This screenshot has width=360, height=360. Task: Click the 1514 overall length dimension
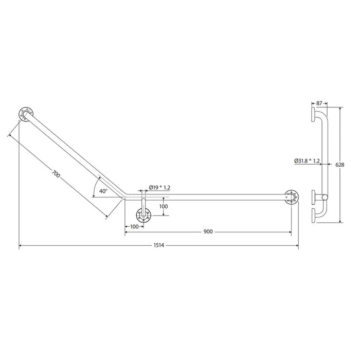(x=158, y=245)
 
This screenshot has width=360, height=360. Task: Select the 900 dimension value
(x=208, y=231)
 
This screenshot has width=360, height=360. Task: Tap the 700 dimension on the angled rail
(x=56, y=174)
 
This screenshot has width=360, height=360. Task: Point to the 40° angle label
(x=103, y=191)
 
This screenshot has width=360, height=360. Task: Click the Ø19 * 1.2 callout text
(x=159, y=188)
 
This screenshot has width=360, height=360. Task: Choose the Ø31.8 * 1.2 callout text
(x=307, y=161)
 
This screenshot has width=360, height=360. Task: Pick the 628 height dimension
(x=340, y=165)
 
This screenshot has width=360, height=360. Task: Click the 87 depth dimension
(x=319, y=103)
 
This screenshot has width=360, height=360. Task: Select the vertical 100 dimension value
(x=164, y=206)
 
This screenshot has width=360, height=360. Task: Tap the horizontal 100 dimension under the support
(x=134, y=227)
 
